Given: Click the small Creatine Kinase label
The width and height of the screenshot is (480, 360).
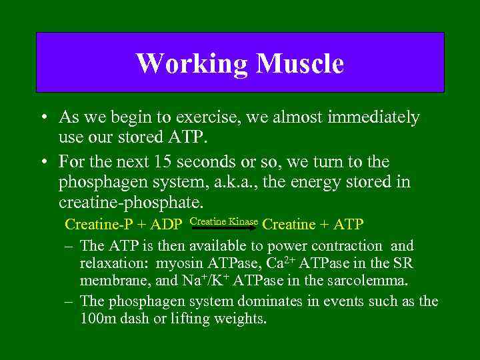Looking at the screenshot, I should (x=224, y=220).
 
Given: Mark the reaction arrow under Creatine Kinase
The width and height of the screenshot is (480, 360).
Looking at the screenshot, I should (x=225, y=228).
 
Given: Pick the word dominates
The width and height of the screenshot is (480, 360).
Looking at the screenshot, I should (x=274, y=301).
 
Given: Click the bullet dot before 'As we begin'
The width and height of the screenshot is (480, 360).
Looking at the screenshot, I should (x=42, y=119).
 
